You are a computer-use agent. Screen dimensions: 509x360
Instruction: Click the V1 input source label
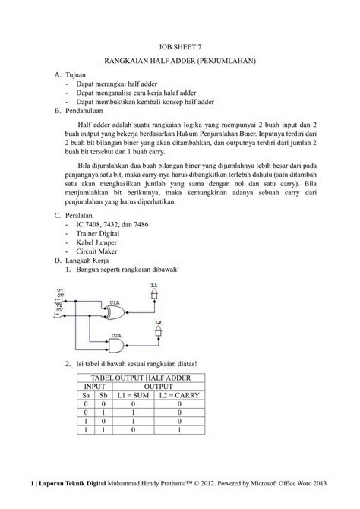[60, 290]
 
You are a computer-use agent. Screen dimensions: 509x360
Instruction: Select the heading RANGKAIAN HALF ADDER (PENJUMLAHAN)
[180, 60]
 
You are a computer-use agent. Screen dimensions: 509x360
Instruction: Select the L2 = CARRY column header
[178, 396]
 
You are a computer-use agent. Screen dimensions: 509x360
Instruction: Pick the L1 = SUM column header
[134, 396]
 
